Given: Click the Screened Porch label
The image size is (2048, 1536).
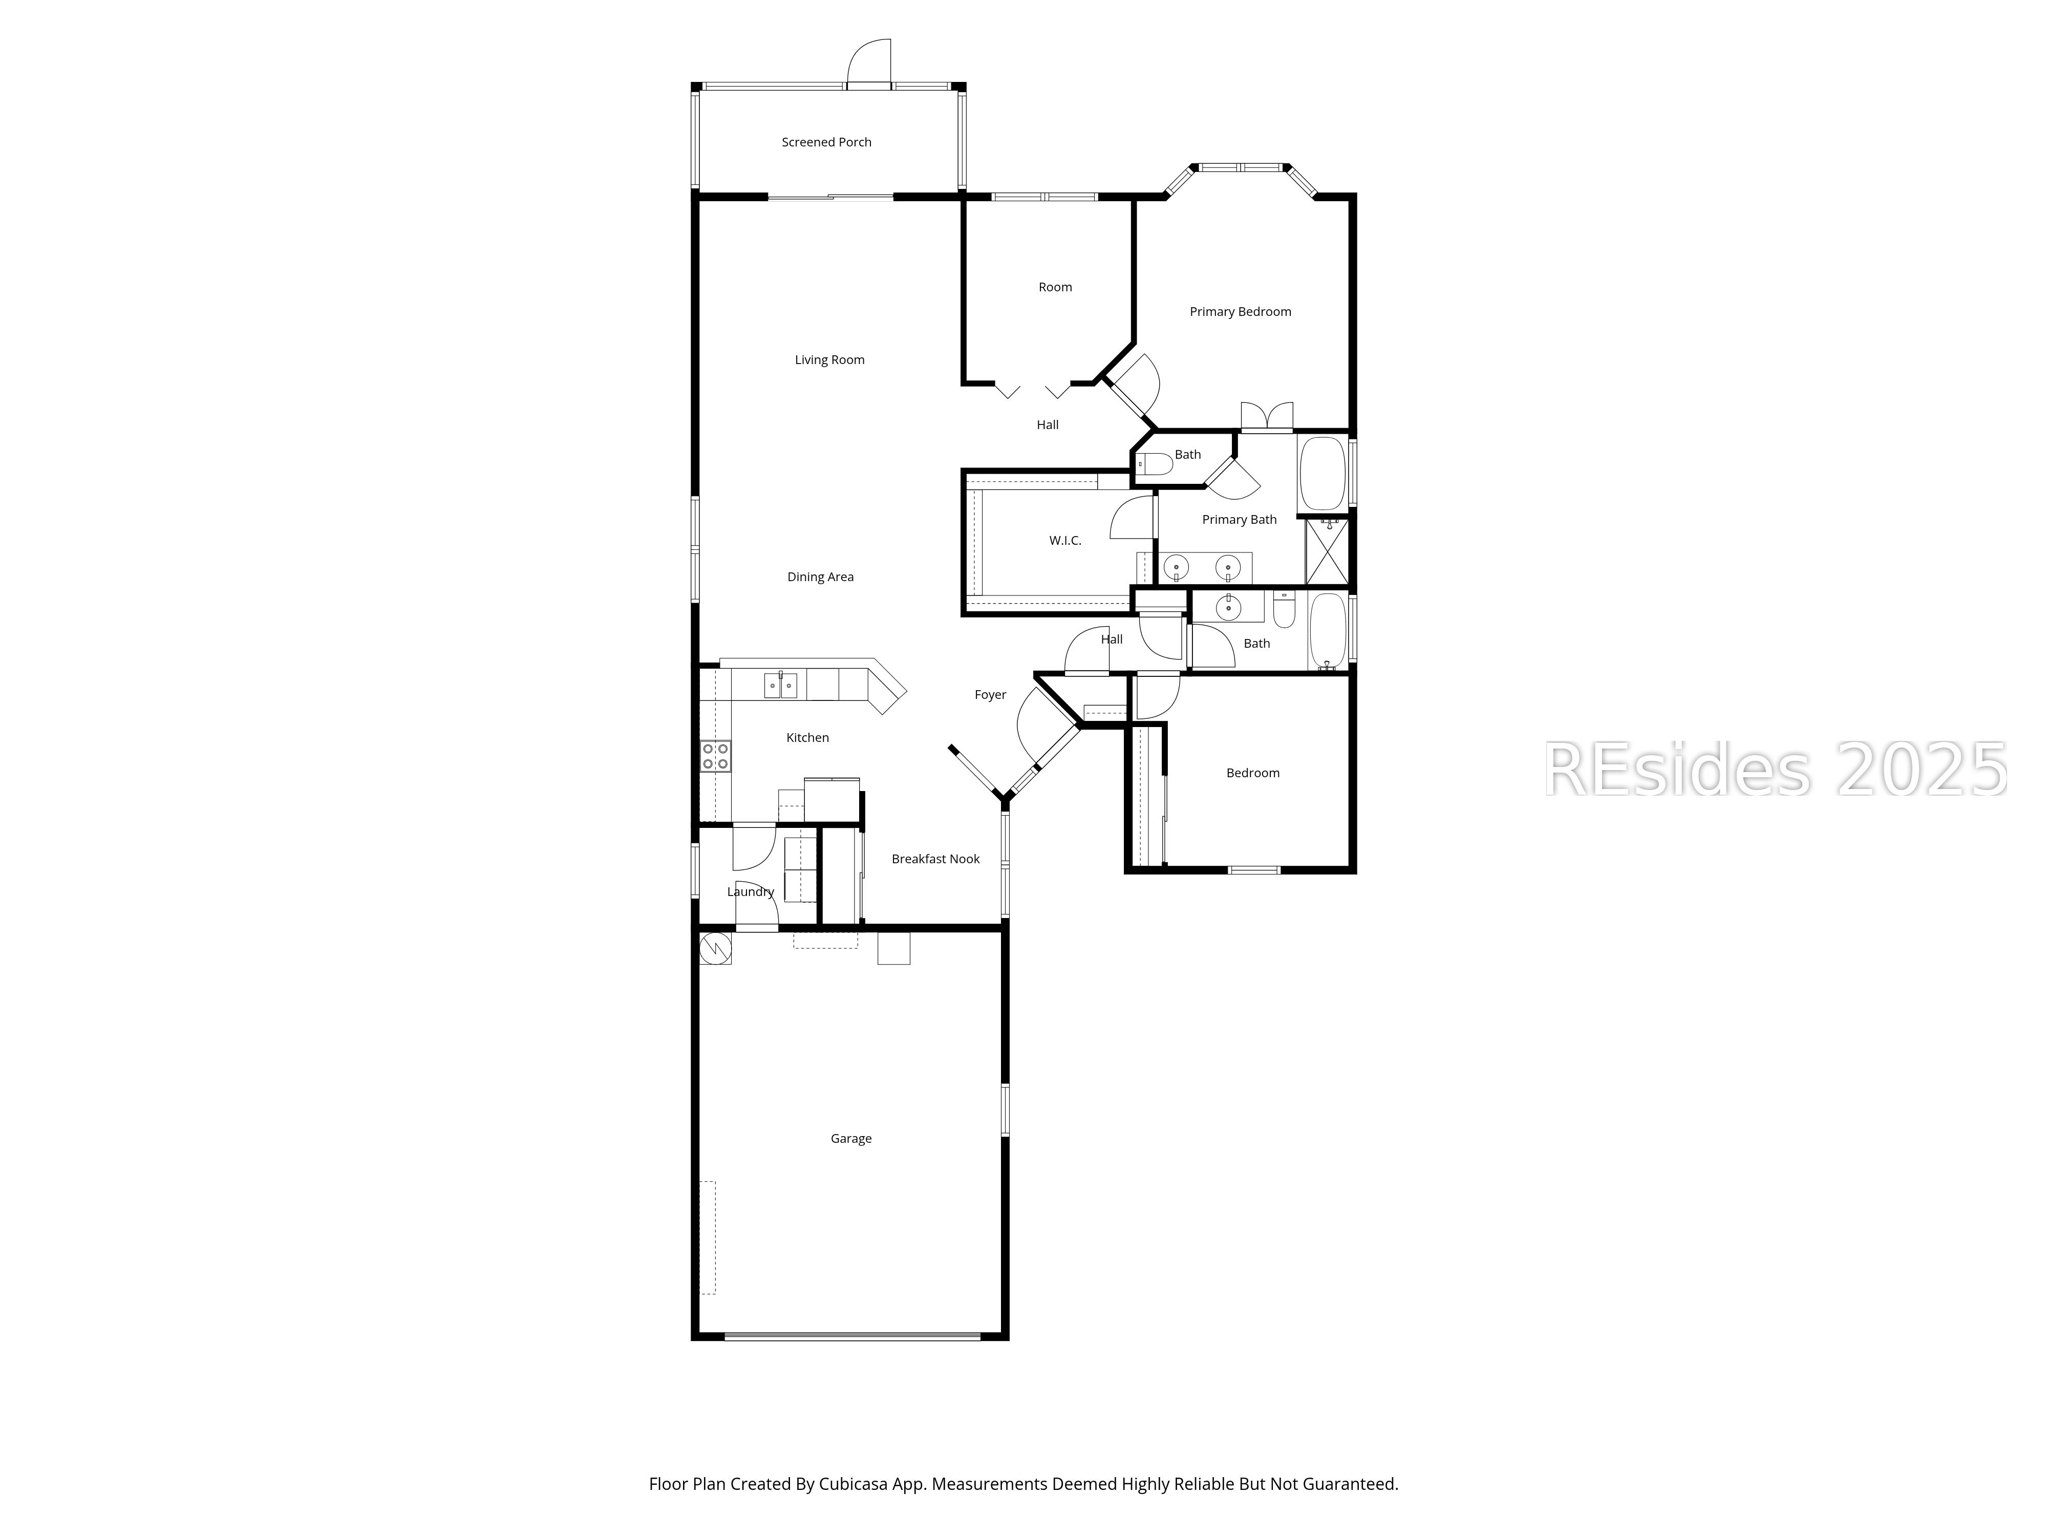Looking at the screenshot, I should click(x=826, y=142).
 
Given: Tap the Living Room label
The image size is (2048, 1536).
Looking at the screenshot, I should click(x=829, y=360).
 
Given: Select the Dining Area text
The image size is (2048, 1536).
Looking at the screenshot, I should click(x=820, y=577).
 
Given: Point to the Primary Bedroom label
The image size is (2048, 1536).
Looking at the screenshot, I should click(x=1240, y=312).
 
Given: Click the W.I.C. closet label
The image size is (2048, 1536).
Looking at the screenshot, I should click(x=1065, y=541).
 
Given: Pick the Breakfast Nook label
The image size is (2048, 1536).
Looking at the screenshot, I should click(x=935, y=859).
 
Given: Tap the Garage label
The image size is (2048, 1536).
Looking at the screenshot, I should click(x=851, y=1139).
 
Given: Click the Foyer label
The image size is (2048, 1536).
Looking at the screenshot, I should click(x=990, y=694).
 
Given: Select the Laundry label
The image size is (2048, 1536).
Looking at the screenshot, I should click(x=750, y=891).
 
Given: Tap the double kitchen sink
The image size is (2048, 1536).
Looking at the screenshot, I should click(x=780, y=685).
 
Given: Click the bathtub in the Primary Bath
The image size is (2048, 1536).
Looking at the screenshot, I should click(x=1322, y=474).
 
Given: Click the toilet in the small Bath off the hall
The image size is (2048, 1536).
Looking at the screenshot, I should click(x=1154, y=465).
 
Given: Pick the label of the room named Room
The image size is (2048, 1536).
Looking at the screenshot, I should click(x=1055, y=288).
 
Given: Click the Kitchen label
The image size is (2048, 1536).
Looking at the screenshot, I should click(x=807, y=738).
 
